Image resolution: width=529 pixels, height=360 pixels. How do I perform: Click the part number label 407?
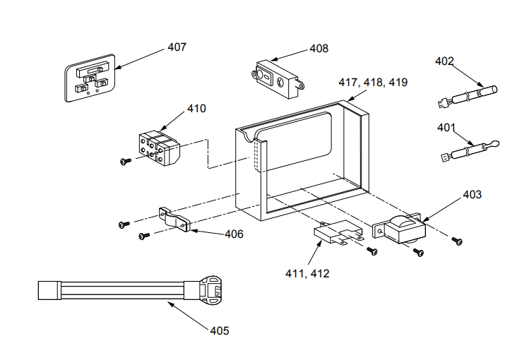tap(177, 47)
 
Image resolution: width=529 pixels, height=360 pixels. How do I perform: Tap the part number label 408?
tap(319, 49)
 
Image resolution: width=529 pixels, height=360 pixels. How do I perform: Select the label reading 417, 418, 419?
tap(372, 83)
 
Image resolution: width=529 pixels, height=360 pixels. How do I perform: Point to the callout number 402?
tap(444, 61)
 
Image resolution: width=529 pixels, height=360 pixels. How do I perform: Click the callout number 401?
tap(446, 128)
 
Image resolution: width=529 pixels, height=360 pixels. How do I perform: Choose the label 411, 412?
tap(306, 272)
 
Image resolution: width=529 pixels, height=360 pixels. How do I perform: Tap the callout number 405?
tap(220, 330)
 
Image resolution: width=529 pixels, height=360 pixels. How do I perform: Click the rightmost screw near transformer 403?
tap(458, 241)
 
